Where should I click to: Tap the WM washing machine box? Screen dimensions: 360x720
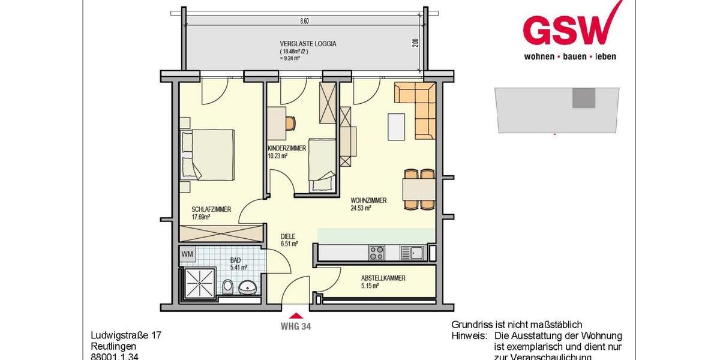[x=187, y=254]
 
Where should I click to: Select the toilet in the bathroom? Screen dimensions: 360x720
[x=227, y=287]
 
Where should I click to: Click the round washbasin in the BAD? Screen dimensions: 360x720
[x=248, y=287]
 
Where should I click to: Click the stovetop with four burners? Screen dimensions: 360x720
[x=376, y=253]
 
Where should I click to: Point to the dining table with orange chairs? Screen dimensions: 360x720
[x=419, y=190]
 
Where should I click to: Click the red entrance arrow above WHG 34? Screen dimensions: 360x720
[x=295, y=316]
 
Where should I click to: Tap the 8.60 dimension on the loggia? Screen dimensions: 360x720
[x=305, y=21]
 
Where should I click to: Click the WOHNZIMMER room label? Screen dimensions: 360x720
[x=368, y=200]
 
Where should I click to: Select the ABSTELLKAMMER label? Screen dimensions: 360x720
[x=383, y=278]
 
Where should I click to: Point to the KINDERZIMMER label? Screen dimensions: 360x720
[x=287, y=148]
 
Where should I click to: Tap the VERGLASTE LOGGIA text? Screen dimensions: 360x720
[x=308, y=44]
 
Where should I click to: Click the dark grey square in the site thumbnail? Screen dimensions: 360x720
[x=583, y=97]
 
